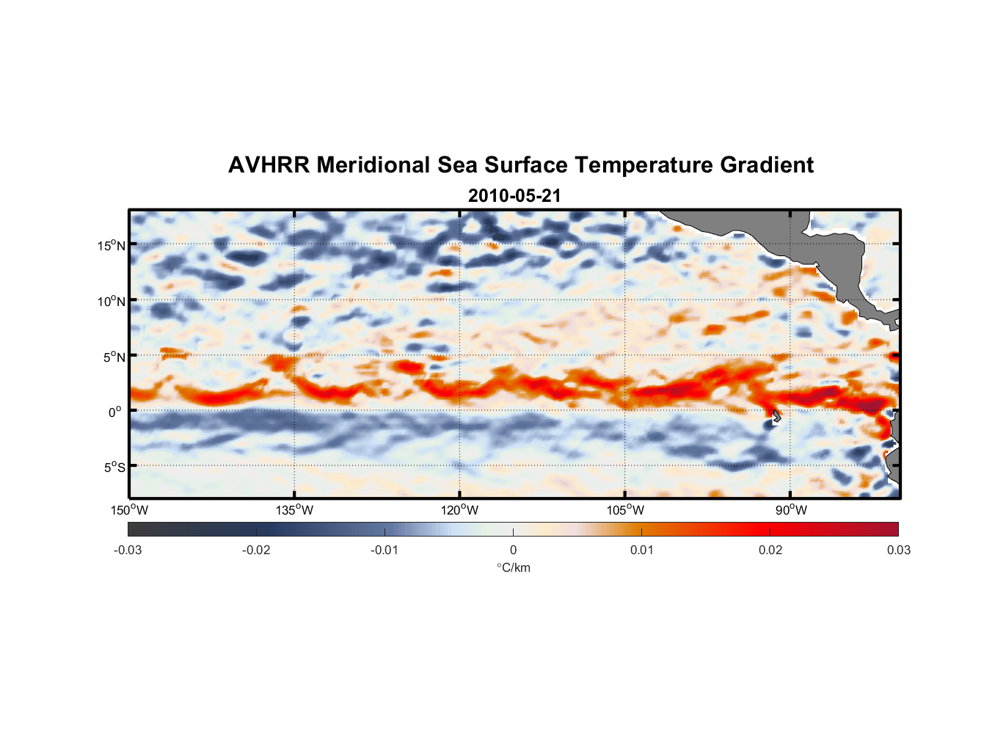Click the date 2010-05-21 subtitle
tap(514, 196)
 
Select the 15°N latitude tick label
tap(112, 245)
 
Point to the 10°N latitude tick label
tap(112, 301)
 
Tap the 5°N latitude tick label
tap(114, 357)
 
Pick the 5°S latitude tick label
tap(114, 467)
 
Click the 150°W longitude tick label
tap(129, 510)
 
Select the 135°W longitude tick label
tap(294, 510)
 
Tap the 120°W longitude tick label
tap(459, 510)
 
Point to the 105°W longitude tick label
tap(625, 510)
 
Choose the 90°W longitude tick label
tap(791, 510)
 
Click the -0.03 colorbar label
tap(128, 550)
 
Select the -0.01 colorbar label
tap(384, 550)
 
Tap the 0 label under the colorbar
tap(513, 550)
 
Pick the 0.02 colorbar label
tap(770, 550)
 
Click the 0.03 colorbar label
tap(898, 550)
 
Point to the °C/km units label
tap(513, 567)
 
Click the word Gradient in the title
tap(767, 165)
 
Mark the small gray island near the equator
tap(776, 416)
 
